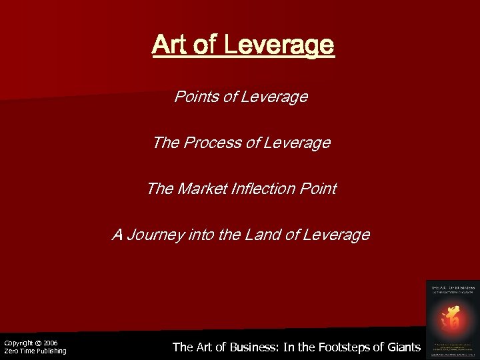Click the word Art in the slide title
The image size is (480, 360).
(x=168, y=45)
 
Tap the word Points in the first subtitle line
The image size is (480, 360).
(x=195, y=97)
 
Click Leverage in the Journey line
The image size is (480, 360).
(x=339, y=235)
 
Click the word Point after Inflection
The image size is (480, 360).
(x=319, y=189)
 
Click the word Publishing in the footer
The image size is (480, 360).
(x=49, y=351)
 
